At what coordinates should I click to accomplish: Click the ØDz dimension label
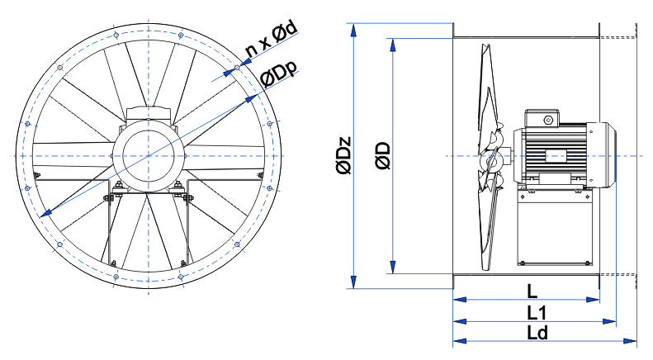(x=344, y=155)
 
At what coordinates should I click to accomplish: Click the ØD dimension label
(x=383, y=156)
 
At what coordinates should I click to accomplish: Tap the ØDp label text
(x=279, y=73)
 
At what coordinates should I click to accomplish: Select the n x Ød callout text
(x=271, y=38)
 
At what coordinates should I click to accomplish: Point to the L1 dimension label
(x=537, y=312)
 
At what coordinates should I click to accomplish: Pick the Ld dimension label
(x=537, y=333)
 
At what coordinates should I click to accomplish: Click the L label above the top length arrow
(x=532, y=291)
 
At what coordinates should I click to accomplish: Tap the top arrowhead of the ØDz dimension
(x=353, y=31)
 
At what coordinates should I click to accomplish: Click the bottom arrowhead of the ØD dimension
(x=392, y=267)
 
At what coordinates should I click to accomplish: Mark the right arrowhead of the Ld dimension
(x=630, y=341)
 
